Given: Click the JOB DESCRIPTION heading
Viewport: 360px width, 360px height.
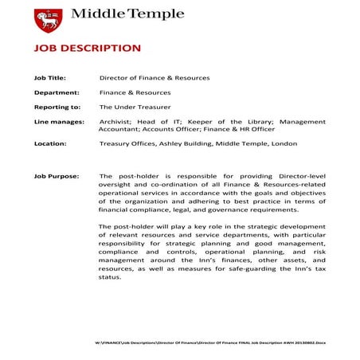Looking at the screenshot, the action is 87,49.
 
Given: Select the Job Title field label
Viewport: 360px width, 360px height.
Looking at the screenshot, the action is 50,78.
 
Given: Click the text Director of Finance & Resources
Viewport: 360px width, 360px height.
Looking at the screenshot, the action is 155,78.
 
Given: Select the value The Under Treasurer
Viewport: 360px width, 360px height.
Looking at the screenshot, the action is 135,107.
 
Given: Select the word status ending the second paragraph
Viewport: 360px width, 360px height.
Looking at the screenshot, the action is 110,276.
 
